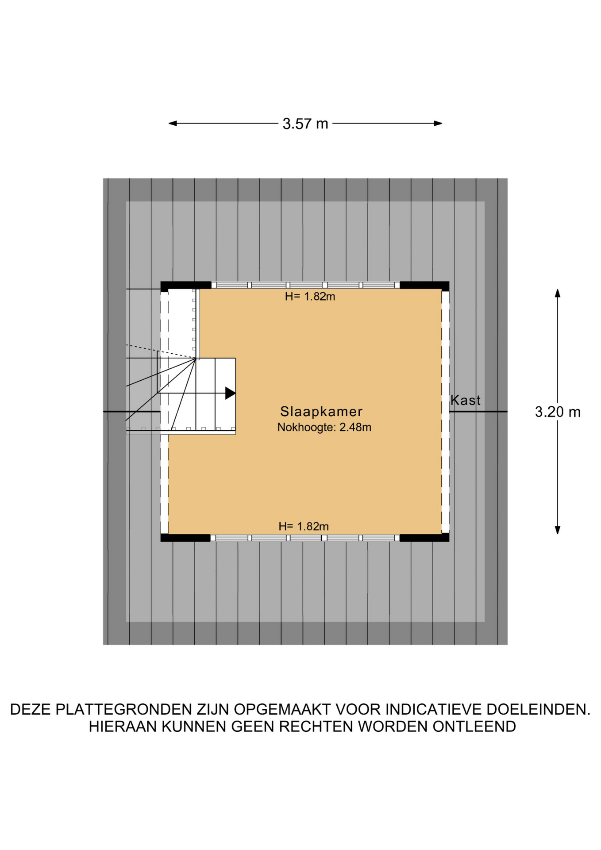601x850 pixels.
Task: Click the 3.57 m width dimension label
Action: [305, 124]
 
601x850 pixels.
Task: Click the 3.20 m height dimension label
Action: [558, 412]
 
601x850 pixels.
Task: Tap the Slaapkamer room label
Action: [321, 412]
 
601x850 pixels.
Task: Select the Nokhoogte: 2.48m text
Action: [324, 428]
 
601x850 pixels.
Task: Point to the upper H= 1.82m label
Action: [310, 297]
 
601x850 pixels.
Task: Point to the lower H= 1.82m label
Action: [304, 526]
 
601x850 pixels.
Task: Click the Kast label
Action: [465, 400]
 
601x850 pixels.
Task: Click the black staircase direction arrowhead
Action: [230, 393]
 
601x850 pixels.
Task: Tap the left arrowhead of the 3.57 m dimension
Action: [173, 124]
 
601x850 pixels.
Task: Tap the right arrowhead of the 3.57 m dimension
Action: [438, 124]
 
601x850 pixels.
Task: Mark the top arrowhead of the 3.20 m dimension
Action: [558, 293]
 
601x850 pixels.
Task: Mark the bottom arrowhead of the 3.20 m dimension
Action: [558, 530]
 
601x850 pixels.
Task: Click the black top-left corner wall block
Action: [186, 286]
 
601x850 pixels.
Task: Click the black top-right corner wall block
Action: [424, 286]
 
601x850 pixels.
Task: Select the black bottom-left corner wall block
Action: [185, 538]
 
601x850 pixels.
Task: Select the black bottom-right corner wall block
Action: [424, 538]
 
